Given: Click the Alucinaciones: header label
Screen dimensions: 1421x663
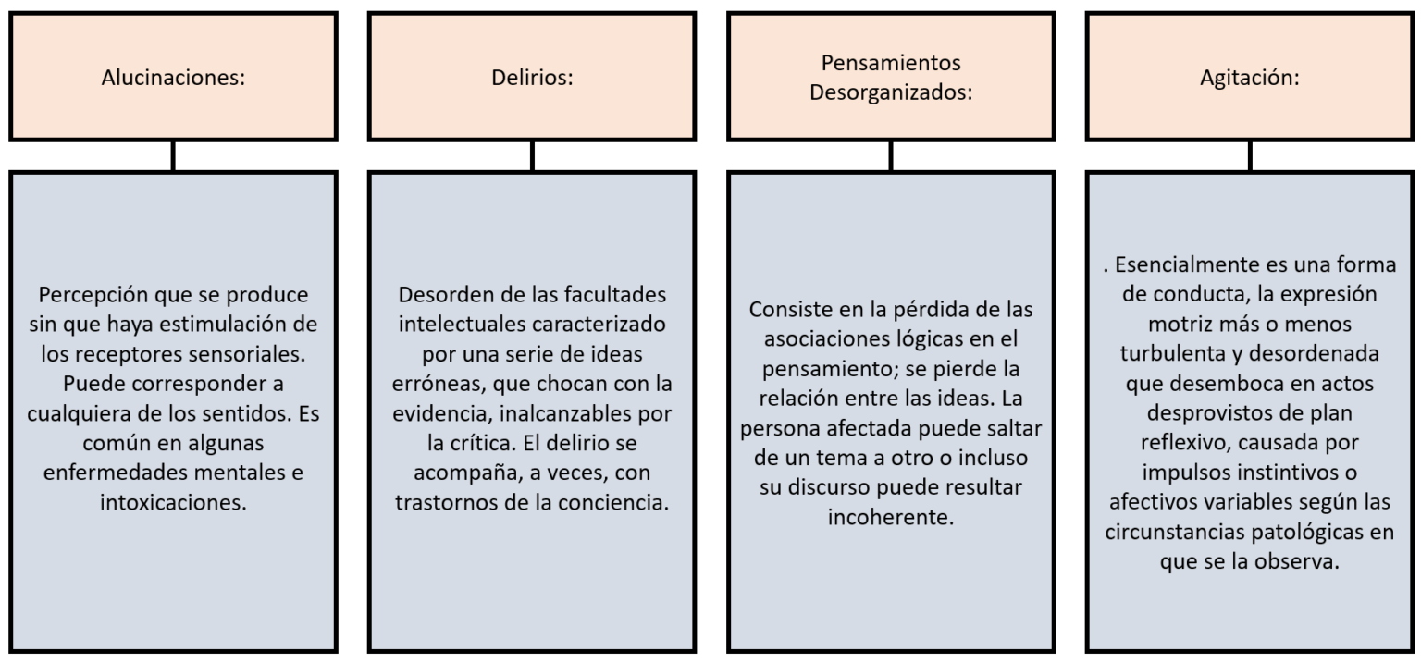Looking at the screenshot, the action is coord(173,78).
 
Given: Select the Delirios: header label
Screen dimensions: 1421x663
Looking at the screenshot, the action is coord(532,78).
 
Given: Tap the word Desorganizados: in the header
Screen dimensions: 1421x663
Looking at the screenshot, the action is coord(891,92).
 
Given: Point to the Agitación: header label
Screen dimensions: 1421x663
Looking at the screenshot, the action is coord(1250,78).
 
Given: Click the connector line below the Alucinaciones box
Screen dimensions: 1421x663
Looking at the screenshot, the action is coord(173,156).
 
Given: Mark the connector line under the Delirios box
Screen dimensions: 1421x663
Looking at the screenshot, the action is coord(532,156).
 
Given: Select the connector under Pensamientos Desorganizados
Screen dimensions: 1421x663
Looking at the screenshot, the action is coord(891,156).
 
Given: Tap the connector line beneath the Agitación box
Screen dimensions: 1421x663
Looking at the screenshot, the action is coord(1250,156).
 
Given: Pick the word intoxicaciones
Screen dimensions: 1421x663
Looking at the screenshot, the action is coord(173,503).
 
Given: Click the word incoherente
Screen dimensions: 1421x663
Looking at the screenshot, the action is coord(891,517).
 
